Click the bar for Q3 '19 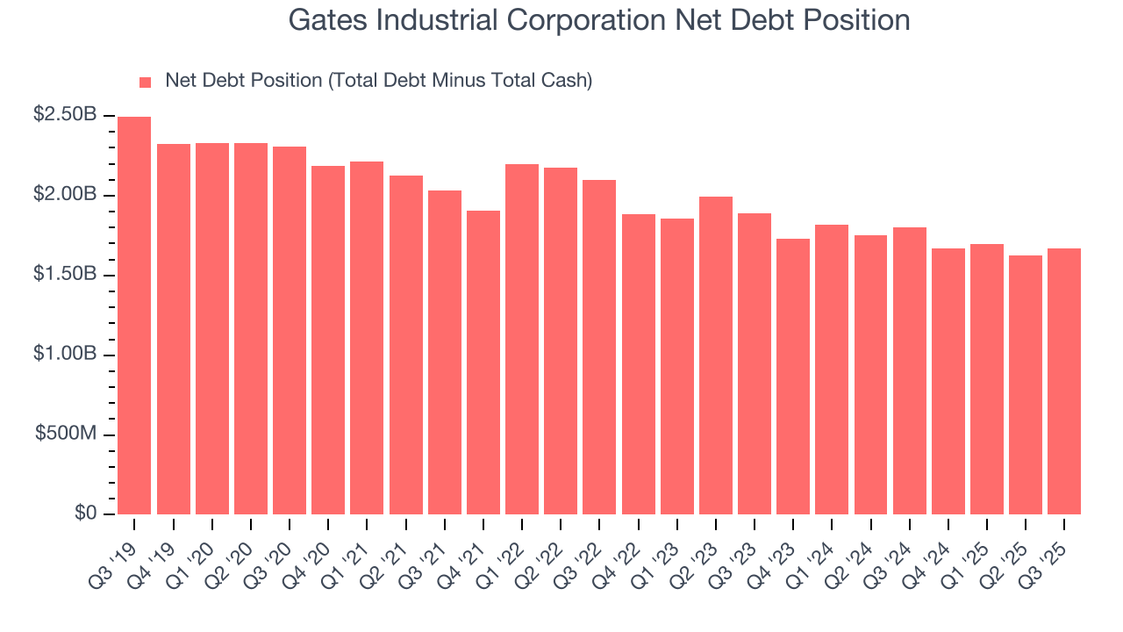tap(134, 315)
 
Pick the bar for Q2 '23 tap(715, 355)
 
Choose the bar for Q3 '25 tap(1063, 381)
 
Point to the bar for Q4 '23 tap(792, 377)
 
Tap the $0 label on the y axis tap(85, 513)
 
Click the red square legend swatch tap(146, 82)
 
